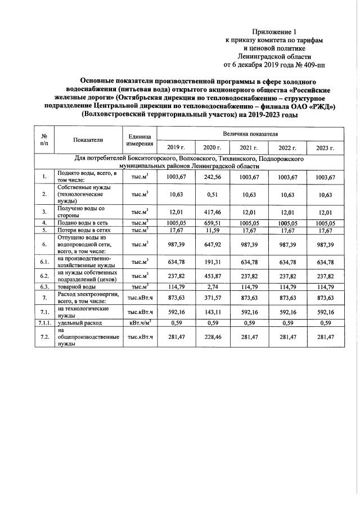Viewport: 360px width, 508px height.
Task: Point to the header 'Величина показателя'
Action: [x=250, y=134]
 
